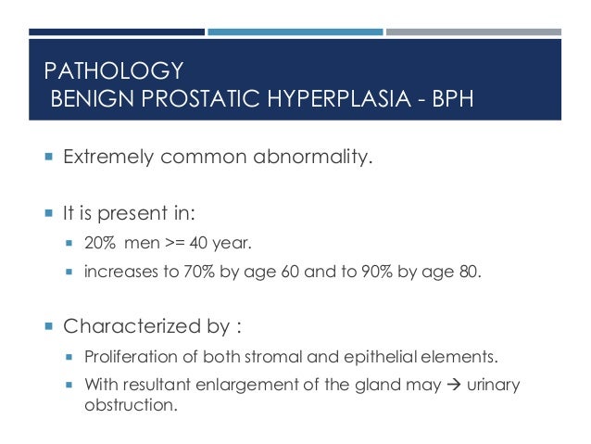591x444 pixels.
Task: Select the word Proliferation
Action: [126, 358]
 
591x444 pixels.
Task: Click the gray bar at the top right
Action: [472, 32]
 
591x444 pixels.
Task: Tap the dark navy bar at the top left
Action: [116, 32]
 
